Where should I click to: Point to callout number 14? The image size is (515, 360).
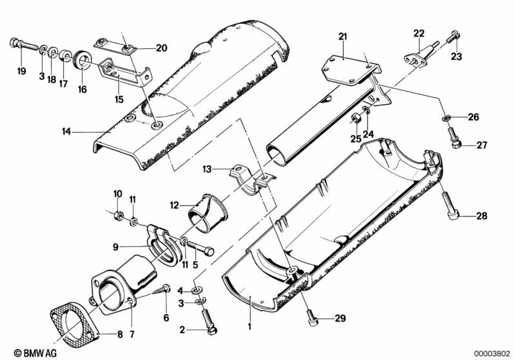point(67,131)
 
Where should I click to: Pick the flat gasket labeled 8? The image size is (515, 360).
point(72,325)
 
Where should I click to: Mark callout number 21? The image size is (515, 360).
point(342,36)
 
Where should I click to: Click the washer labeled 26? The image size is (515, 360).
point(447,118)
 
